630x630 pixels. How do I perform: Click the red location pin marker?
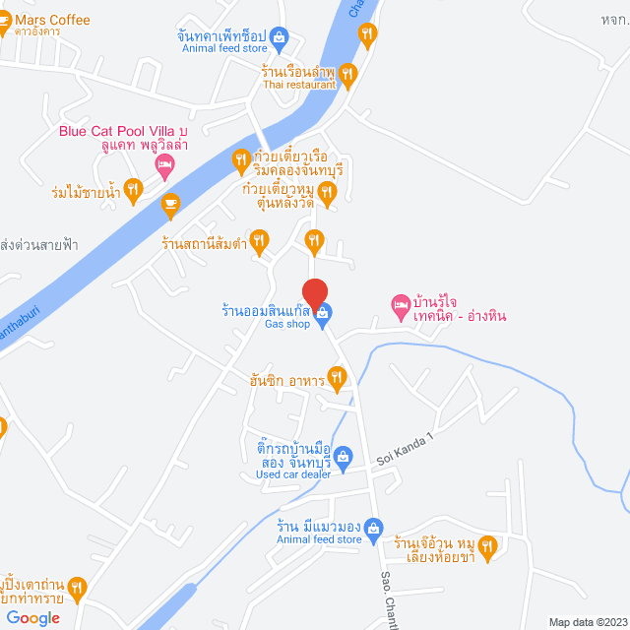pos(314,294)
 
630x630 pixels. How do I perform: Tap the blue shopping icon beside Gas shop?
pos(325,313)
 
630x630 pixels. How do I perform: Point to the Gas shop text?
pos(287,325)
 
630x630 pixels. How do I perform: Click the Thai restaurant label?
pos(298,85)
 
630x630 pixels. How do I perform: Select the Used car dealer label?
pos(293,474)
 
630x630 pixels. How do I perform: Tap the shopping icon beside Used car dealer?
pos(343,455)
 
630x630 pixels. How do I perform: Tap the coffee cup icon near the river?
pos(170,204)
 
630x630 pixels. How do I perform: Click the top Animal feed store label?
pos(224,47)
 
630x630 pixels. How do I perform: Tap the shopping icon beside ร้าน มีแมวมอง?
pos(372,529)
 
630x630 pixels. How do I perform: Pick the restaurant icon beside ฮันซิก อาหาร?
pos(337,376)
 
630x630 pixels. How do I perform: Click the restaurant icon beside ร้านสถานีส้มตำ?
pos(259,238)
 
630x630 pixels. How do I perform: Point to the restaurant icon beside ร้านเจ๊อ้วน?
pos(487,544)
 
